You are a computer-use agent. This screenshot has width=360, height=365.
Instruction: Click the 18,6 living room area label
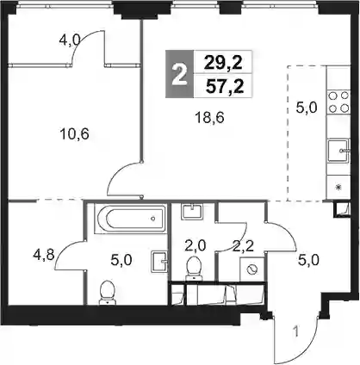[209, 118]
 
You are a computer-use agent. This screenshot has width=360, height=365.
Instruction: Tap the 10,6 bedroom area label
[75, 134]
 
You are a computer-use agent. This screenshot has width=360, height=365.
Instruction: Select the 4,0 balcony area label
[70, 40]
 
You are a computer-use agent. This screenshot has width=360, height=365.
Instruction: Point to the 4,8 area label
[44, 255]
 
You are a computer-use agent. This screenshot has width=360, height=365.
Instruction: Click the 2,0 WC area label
[196, 246]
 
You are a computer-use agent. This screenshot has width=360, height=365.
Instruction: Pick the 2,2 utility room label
[243, 246]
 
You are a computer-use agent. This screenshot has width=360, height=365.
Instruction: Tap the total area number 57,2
[225, 87]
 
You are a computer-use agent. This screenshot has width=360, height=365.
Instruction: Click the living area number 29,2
[223, 63]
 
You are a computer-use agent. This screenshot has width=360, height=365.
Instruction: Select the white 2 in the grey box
[179, 74]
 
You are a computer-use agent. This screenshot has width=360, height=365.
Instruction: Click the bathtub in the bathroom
[131, 219]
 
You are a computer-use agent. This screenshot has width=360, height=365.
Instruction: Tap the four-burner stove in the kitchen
[338, 102]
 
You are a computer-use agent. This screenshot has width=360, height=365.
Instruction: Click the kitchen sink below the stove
[338, 151]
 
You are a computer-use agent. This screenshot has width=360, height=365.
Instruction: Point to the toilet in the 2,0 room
[193, 269]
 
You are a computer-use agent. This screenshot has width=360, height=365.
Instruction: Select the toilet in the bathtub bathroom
[107, 293]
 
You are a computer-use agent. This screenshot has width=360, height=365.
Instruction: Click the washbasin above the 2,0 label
[191, 211]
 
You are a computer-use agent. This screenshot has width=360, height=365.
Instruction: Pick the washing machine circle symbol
[252, 269]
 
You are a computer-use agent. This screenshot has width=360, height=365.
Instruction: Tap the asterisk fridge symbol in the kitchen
[338, 188]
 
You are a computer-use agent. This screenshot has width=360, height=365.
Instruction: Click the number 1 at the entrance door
[297, 332]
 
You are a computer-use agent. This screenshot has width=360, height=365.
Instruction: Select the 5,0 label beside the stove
[307, 108]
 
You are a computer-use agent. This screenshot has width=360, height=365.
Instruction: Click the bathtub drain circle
[153, 219]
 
